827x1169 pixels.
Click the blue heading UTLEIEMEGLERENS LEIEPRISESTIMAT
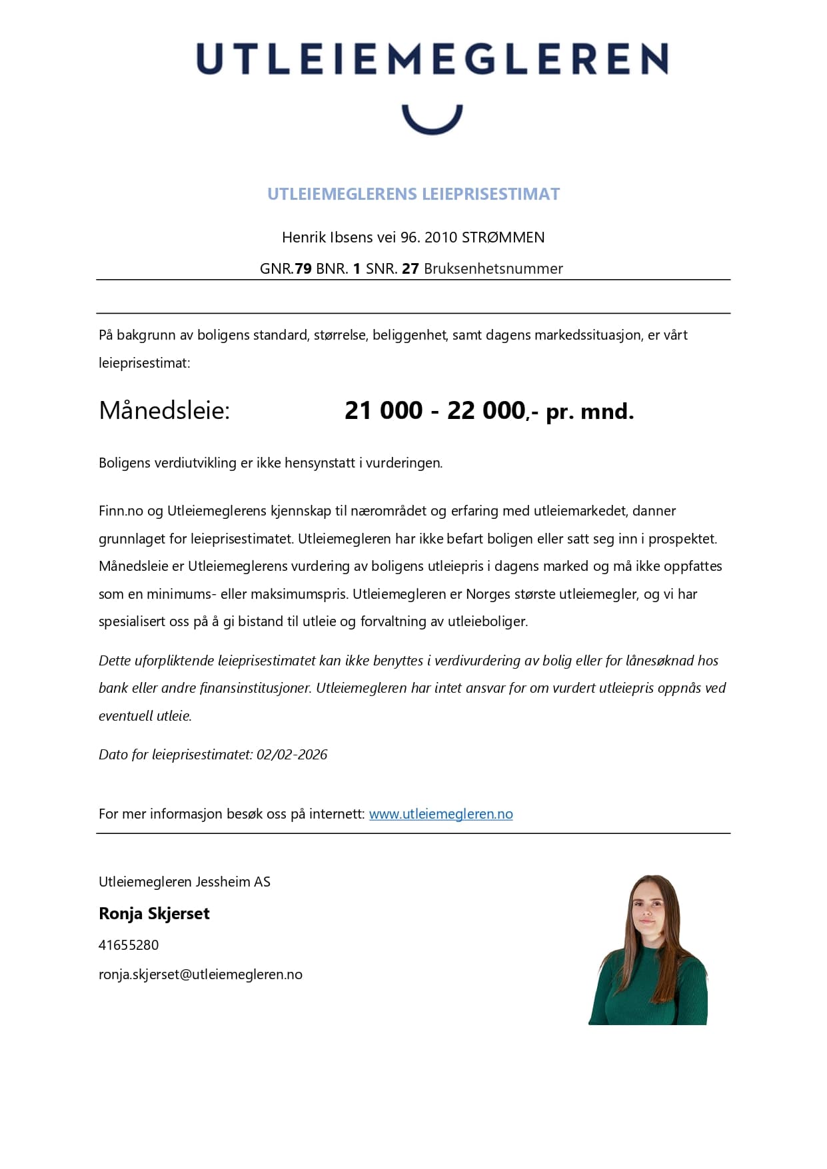pos(413,194)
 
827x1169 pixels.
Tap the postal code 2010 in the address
pos(440,237)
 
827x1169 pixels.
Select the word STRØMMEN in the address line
pos(503,237)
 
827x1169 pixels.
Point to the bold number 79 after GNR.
pos(303,268)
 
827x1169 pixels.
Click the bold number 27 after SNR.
pos(410,268)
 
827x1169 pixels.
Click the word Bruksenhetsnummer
pos(493,268)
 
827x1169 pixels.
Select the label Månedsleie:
pos(164,410)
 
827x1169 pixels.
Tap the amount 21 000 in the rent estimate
pos(383,410)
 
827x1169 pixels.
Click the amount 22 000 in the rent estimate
pos(486,410)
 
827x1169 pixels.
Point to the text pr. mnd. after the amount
pos(590,412)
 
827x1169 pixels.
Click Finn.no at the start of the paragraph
pos(121,511)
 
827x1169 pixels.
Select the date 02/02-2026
pos(292,755)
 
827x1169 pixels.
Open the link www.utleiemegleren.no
pos(440,814)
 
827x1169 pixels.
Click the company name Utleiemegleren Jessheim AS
pos(185,882)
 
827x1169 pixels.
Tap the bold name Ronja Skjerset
pos(154,913)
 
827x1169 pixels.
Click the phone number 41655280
pos(129,945)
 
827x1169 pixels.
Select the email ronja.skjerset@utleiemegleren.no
pos(201,974)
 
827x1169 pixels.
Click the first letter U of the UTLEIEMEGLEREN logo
pos(211,59)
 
